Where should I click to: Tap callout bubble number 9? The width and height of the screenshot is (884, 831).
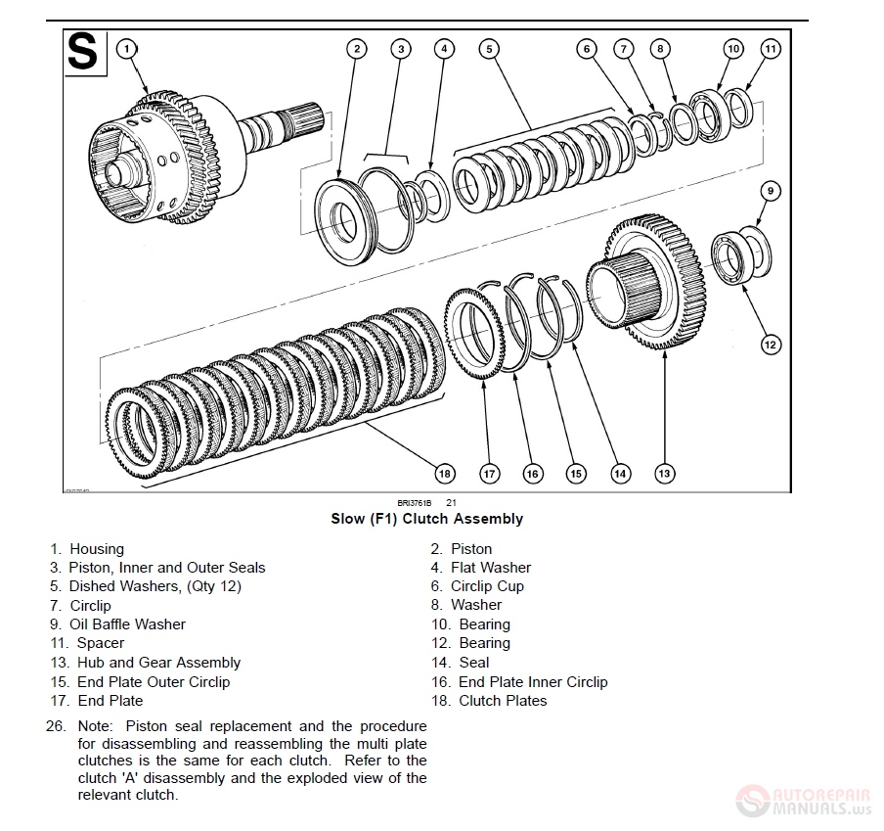771,192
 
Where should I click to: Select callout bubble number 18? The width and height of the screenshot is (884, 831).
445,474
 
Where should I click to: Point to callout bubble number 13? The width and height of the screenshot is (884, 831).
664,474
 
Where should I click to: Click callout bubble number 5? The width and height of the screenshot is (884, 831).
490,48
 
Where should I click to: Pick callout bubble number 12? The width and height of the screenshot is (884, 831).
771,344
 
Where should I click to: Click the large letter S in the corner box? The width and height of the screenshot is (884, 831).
83,53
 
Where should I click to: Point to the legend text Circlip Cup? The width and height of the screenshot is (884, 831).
487,586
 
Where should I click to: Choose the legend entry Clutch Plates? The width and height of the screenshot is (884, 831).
503,701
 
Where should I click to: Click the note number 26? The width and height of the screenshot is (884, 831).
55,726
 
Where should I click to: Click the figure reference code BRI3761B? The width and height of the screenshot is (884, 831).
414,503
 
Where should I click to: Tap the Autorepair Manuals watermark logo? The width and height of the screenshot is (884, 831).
802,797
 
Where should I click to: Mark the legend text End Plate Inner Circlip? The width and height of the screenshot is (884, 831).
533,682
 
